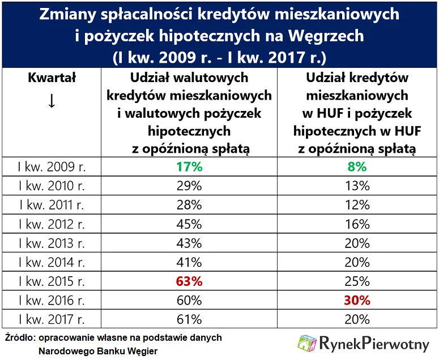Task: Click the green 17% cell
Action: tap(190, 167)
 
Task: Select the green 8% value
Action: tap(357, 167)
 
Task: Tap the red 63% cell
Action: tap(190, 281)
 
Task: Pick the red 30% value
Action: tap(357, 300)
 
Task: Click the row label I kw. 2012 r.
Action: tap(52, 224)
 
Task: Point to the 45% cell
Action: tap(190, 224)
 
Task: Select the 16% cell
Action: tap(357, 224)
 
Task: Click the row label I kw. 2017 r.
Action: tap(52, 319)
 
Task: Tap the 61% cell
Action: tap(190, 319)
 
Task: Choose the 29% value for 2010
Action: tap(190, 186)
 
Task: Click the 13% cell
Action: tap(357, 186)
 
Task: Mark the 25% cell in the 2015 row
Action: tap(357, 281)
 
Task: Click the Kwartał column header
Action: tap(52, 78)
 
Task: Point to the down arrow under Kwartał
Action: tap(52, 101)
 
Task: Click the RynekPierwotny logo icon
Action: tap(308, 344)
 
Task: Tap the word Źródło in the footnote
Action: tap(18, 338)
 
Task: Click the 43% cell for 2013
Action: tap(190, 243)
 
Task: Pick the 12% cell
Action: tap(357, 205)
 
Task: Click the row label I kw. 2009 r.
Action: tap(52, 167)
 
